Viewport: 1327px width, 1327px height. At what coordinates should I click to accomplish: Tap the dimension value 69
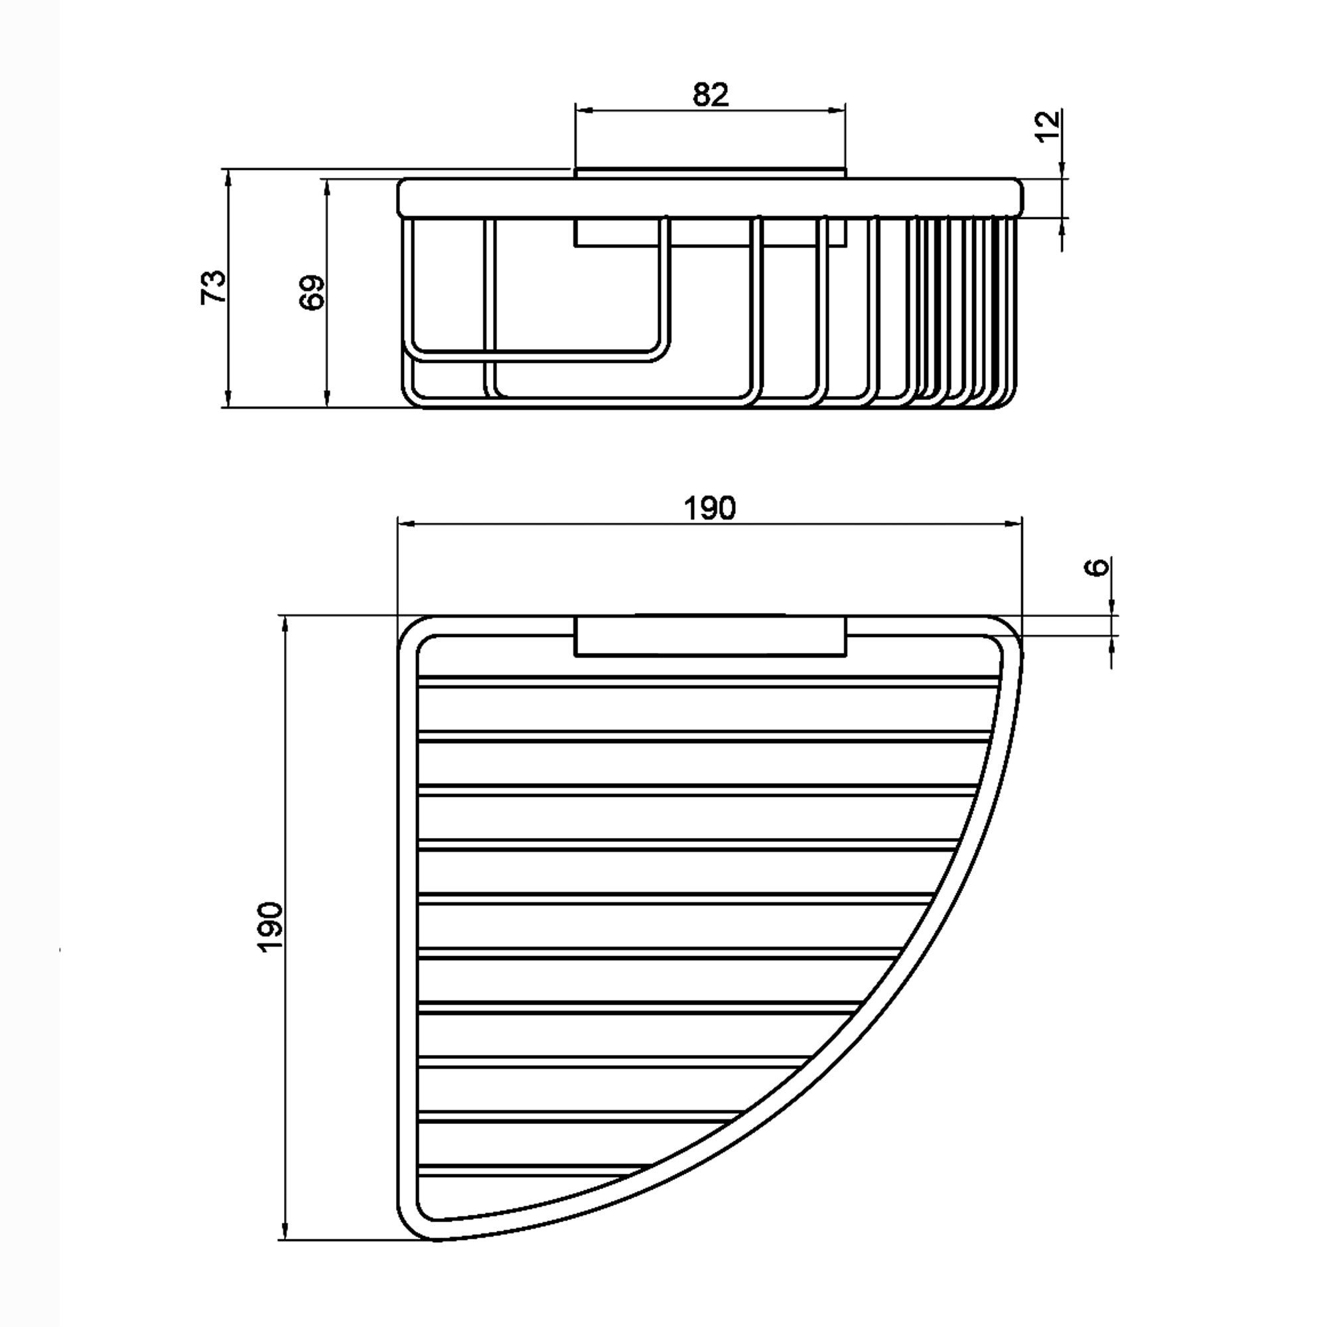313,293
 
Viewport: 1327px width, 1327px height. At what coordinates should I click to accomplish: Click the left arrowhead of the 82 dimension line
584,109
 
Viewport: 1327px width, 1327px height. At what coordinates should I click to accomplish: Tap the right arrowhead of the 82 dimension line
837,109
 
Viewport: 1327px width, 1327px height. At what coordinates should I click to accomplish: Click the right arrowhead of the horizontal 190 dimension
1013,524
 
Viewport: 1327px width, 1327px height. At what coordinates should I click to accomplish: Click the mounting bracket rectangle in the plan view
710,637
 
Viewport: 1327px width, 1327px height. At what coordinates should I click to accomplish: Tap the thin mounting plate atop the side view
710,173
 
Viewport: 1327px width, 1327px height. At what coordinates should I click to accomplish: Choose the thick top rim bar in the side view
710,198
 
